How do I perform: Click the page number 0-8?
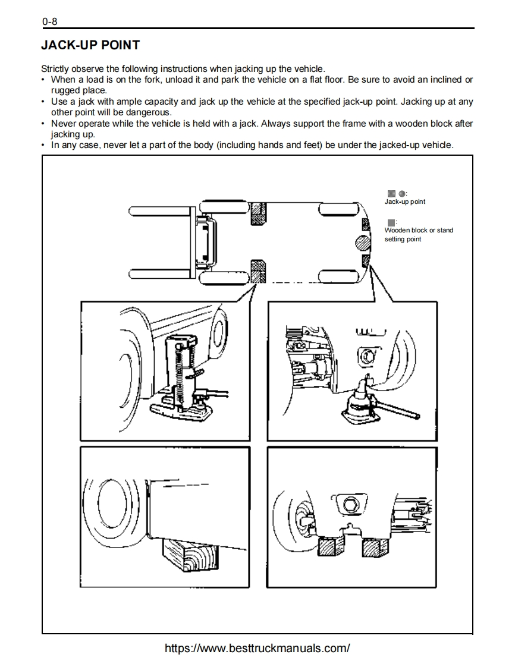pyautogui.click(x=49, y=22)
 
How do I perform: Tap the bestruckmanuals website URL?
pyautogui.click(x=257, y=648)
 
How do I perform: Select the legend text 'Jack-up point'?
pyautogui.click(x=405, y=202)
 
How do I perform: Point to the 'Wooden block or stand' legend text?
pyautogui.click(x=419, y=230)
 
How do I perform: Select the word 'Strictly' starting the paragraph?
pyautogui.click(x=55, y=69)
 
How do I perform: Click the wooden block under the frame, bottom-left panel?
pyautogui.click(x=190, y=557)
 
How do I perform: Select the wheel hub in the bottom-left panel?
pyautogui.click(x=111, y=496)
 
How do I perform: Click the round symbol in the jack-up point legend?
pyautogui.click(x=402, y=193)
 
